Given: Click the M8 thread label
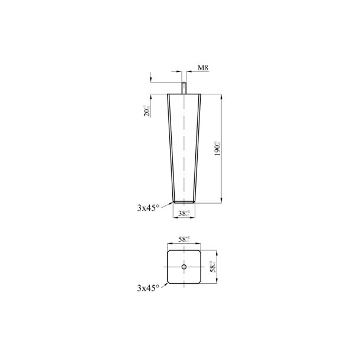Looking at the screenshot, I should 203,68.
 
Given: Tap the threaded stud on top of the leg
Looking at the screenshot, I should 184,88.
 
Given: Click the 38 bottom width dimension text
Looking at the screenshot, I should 184,214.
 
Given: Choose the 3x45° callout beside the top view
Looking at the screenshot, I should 148,288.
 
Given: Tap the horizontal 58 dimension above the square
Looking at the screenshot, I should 184,240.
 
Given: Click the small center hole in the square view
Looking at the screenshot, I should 184,267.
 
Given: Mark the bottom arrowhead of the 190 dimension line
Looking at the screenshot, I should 222,201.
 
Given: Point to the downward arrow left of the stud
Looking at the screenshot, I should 151,80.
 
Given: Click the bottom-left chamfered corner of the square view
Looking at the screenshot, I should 169,283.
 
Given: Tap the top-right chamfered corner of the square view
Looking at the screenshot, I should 199,252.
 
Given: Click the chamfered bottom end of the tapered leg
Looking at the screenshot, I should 184,202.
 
